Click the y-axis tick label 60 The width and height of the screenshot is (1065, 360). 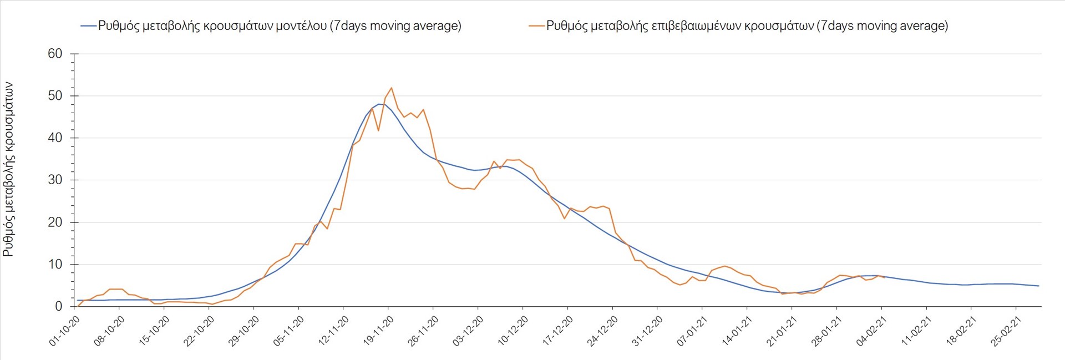pos(55,54)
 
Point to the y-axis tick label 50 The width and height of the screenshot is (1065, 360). pos(55,96)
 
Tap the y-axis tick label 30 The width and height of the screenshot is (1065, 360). pos(55,180)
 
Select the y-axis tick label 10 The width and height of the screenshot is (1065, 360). pos(55,265)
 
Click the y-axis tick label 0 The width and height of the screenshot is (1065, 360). pos(59,306)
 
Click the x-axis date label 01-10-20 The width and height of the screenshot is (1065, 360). pos(65,331)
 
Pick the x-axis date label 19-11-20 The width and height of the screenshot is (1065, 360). pos(379,331)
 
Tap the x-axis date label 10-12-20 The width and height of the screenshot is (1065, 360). pos(513,331)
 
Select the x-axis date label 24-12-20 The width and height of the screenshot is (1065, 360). pos(603,331)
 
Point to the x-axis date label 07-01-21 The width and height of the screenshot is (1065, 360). pos(692,331)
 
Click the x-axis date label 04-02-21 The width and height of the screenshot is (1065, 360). pos(871,331)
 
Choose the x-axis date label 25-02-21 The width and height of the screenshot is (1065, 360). pos(1006,331)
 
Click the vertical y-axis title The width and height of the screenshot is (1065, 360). pos(8,169)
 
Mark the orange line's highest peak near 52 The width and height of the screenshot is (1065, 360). pos(392,88)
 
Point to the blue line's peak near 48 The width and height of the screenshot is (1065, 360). pos(379,104)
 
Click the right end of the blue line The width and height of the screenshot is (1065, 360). pos(1038,286)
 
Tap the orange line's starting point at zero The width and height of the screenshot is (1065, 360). pos(78,306)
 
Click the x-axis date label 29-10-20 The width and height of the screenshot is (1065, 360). pos(244,331)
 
